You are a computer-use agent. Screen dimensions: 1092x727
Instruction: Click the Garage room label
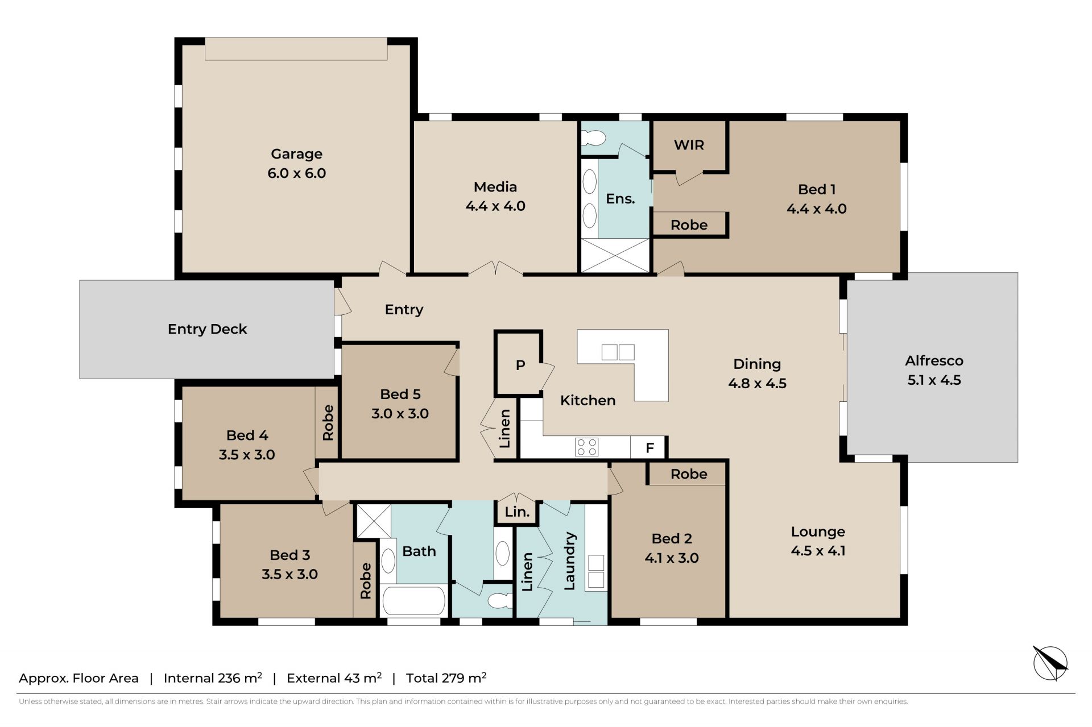(296, 154)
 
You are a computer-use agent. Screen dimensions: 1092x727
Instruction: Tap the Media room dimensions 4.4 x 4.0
(495, 206)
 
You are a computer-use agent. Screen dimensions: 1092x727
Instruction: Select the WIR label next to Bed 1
(689, 145)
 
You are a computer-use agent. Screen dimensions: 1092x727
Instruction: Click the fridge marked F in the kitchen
(649, 448)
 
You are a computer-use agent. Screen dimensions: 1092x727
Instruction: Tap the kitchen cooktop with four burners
(586, 447)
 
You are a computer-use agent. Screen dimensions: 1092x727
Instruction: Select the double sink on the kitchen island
(618, 352)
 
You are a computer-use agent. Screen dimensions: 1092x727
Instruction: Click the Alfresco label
(934, 360)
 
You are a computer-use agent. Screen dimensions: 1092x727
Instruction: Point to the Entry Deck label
(207, 329)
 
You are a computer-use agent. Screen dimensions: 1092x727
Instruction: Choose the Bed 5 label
(400, 394)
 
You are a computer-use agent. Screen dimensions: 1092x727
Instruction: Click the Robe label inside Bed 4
(328, 423)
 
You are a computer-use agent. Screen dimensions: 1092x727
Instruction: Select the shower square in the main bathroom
(374, 521)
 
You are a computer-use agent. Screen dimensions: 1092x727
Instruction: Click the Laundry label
(569, 561)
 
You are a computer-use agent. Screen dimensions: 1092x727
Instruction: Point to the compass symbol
(1050, 663)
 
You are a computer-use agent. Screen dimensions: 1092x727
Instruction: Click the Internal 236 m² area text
(213, 678)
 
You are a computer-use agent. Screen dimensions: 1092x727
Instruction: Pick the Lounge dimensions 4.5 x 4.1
(818, 551)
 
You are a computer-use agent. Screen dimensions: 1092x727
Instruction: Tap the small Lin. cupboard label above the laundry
(517, 512)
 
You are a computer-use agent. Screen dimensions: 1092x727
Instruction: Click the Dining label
(757, 364)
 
